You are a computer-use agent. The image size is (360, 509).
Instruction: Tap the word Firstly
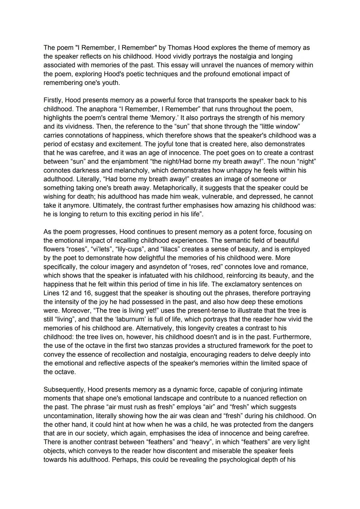[53, 100]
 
